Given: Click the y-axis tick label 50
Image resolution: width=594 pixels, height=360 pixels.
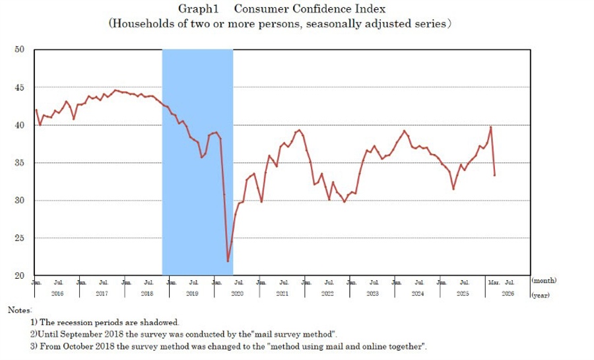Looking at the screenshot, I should [x=20, y=50].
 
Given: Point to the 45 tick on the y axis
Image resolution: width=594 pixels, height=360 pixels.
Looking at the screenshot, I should [x=20, y=87].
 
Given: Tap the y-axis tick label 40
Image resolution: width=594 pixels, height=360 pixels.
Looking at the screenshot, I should [x=20, y=125].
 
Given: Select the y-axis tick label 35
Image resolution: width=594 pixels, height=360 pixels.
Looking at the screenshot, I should [x=20, y=162].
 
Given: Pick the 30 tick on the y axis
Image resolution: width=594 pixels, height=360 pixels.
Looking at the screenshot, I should [x=20, y=200].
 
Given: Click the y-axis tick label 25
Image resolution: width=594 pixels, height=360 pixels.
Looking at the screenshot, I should [x=20, y=238].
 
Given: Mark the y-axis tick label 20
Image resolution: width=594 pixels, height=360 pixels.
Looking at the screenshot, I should [x=20, y=275].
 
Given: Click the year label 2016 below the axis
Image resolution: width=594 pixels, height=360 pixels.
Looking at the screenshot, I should [x=57, y=293].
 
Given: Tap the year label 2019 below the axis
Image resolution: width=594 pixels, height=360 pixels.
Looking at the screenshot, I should [x=192, y=293].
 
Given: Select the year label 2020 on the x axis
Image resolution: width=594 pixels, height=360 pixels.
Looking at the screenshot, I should [x=238, y=293].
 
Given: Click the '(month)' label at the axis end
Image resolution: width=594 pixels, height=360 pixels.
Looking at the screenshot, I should [x=544, y=281].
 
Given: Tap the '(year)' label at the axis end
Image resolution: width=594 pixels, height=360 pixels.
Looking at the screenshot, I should [x=541, y=295].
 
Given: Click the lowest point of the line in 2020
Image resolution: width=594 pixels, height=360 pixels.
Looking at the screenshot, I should [x=228, y=261].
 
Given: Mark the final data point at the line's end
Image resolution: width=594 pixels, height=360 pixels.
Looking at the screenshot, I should [x=494, y=175].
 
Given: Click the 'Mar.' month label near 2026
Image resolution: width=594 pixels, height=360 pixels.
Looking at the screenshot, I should [x=494, y=282].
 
